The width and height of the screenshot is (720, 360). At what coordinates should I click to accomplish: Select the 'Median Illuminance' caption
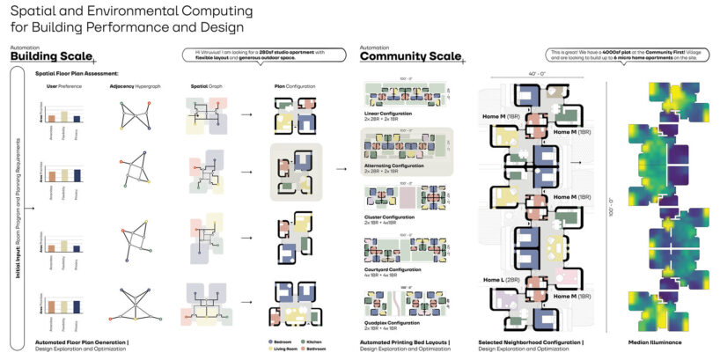656,341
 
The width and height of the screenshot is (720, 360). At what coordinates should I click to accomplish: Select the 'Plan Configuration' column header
291,88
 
